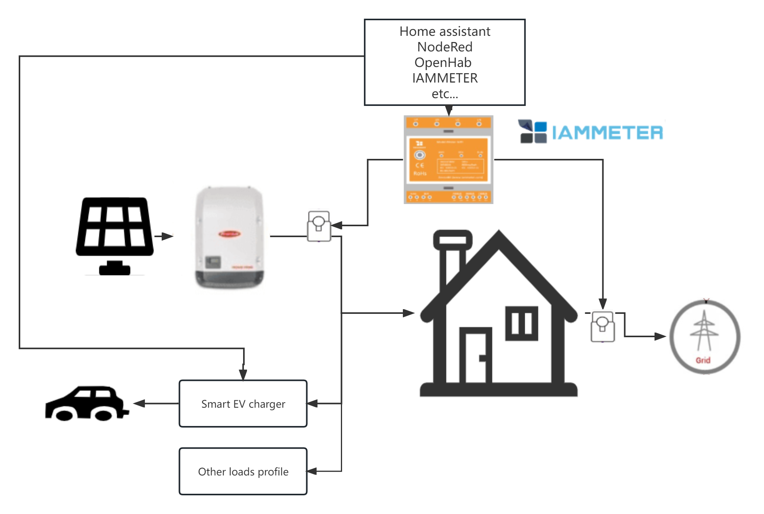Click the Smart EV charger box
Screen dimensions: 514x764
pyautogui.click(x=243, y=404)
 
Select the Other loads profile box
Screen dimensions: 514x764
pyautogui.click(x=243, y=472)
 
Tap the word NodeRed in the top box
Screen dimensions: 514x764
pyautogui.click(x=445, y=47)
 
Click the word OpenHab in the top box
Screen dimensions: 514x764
pyautogui.click(x=443, y=63)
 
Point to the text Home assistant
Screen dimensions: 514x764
pyautogui.click(x=445, y=32)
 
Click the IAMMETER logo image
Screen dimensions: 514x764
pyautogui.click(x=591, y=132)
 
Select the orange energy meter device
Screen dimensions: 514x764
pyautogui.click(x=448, y=160)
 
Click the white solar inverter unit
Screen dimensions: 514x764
pyautogui.click(x=221, y=236)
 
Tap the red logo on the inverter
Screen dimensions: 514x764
pyautogui.click(x=229, y=234)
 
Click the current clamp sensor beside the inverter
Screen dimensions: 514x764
pyautogui.click(x=319, y=225)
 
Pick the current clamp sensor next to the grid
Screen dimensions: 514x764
pyautogui.click(x=603, y=326)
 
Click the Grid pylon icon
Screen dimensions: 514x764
pyautogui.click(x=704, y=331)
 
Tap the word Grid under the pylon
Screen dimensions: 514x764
pyautogui.click(x=703, y=360)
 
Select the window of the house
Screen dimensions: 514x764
pyautogui.click(x=521, y=323)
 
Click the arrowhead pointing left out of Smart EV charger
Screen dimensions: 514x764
pyautogui.click(x=138, y=404)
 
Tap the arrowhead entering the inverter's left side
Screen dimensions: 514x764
pyautogui.click(x=168, y=236)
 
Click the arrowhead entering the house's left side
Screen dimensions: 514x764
pyautogui.click(x=409, y=313)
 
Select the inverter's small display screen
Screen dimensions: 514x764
pyautogui.click(x=213, y=262)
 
